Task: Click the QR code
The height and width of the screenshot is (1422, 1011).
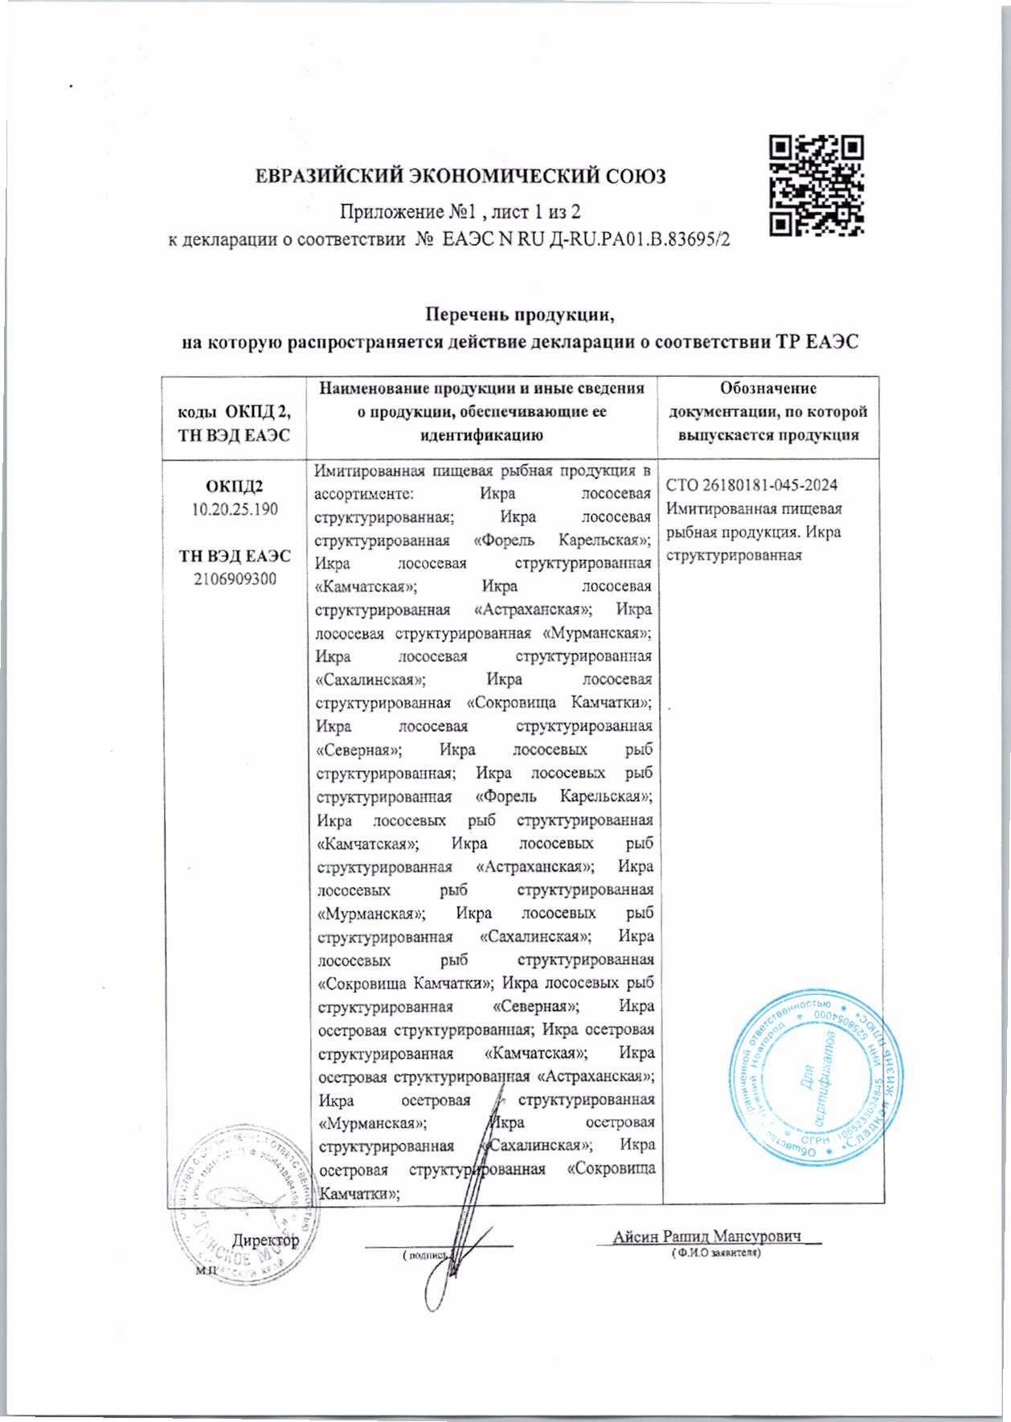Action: (x=817, y=186)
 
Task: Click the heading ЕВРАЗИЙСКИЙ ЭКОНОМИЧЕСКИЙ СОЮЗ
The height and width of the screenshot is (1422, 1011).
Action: (x=460, y=176)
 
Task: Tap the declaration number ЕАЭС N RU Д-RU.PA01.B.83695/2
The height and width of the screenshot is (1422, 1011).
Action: (x=587, y=239)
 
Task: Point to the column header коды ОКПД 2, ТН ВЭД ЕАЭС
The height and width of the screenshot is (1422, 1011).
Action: (x=234, y=423)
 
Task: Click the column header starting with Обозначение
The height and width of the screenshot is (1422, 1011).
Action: (x=768, y=411)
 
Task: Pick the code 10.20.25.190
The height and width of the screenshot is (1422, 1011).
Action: (x=234, y=509)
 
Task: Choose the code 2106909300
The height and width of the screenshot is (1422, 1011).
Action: (x=235, y=578)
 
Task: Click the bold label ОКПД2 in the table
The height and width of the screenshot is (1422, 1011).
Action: (x=234, y=487)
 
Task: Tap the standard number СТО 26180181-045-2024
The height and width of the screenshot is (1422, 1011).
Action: (x=751, y=485)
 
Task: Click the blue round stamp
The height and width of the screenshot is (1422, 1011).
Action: (x=815, y=1078)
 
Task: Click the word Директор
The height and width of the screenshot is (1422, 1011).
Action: (x=266, y=1240)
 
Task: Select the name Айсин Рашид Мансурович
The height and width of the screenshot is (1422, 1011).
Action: (x=707, y=1236)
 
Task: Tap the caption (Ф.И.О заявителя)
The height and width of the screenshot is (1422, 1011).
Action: (x=716, y=1252)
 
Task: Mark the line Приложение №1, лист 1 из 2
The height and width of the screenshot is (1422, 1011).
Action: (x=460, y=212)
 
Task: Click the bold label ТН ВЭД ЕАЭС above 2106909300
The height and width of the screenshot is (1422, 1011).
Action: (x=235, y=556)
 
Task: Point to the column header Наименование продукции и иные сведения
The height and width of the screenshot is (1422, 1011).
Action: (x=481, y=389)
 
